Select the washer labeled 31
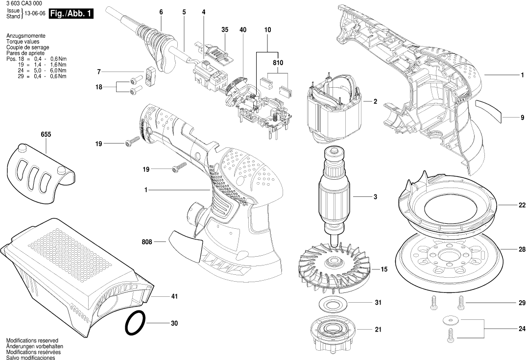click(x=337, y=303)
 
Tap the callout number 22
click(x=522, y=205)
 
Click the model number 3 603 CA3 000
click(x=24, y=3)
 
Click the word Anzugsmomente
click(x=26, y=37)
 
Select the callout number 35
click(x=225, y=30)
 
